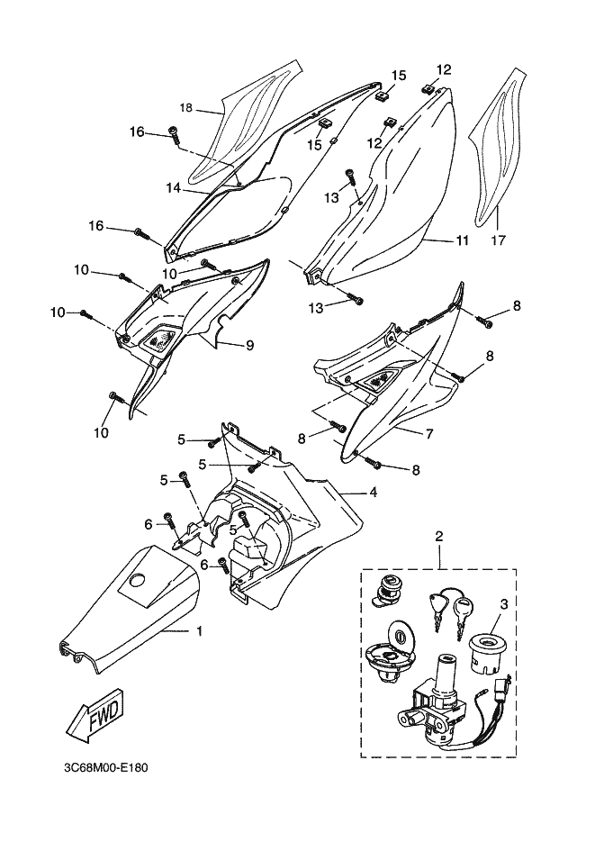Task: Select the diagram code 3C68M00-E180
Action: [105, 768]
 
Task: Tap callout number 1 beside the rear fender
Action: [199, 631]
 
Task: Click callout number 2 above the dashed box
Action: [439, 536]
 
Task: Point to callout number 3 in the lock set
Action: [503, 603]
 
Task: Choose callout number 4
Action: [374, 492]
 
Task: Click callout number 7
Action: [429, 433]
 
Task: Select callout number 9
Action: [250, 345]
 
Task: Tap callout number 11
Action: [462, 240]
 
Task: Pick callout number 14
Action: [173, 188]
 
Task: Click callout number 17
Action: [499, 240]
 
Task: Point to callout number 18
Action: [185, 108]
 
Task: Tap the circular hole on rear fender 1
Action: [138, 580]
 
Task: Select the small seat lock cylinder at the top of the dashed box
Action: [389, 591]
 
